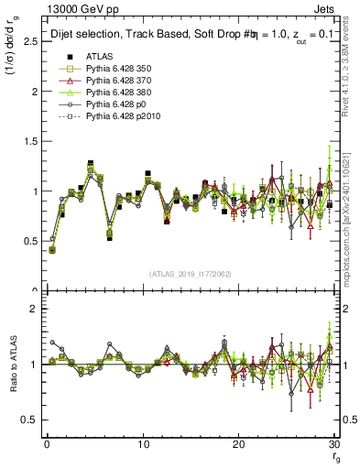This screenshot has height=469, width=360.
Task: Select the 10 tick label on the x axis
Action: [x=143, y=443]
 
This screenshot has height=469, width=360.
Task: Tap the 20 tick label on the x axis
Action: [x=239, y=443]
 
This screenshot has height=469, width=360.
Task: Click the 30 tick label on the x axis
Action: [x=334, y=443]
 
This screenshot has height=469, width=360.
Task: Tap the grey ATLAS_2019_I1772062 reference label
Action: [x=191, y=273]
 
